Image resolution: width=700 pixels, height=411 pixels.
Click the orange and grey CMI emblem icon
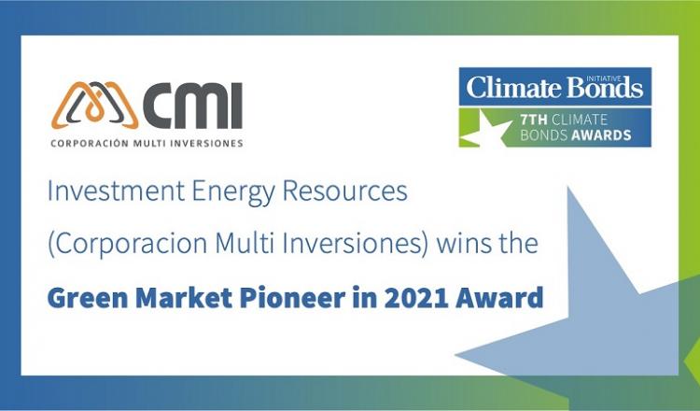click(95, 106)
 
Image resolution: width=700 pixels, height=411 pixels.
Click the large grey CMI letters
click(192, 106)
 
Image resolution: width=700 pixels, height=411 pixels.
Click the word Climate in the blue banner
click(510, 87)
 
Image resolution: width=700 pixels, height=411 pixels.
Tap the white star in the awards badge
click(484, 129)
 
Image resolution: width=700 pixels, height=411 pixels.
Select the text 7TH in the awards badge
click(534, 120)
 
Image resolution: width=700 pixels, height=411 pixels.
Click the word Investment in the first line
click(116, 191)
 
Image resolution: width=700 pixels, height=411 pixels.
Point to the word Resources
click(345, 191)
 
